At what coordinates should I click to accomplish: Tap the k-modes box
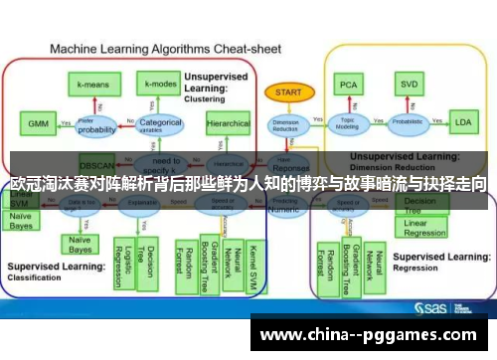tap(160, 86)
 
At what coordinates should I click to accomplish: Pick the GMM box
tap(38, 124)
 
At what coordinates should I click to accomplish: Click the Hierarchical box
tap(229, 124)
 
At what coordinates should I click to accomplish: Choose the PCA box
tap(349, 85)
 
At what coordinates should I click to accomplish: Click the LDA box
tap(462, 123)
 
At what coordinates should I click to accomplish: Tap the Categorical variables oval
tap(160, 124)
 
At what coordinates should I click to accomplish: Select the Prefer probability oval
tap(97, 125)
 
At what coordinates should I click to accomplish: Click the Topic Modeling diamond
tap(348, 123)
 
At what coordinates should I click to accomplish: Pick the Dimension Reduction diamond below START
tap(285, 124)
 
